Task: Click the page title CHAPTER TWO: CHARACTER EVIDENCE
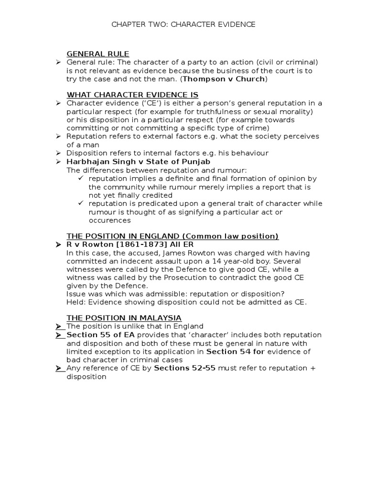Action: pyautogui.click(x=183, y=24)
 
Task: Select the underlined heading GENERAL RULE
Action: pyautogui.click(x=98, y=54)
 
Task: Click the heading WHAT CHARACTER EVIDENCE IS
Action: pyautogui.click(x=132, y=95)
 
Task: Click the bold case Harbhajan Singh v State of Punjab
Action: pyautogui.click(x=139, y=161)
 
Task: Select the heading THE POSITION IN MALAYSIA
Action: pyautogui.click(x=124, y=318)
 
